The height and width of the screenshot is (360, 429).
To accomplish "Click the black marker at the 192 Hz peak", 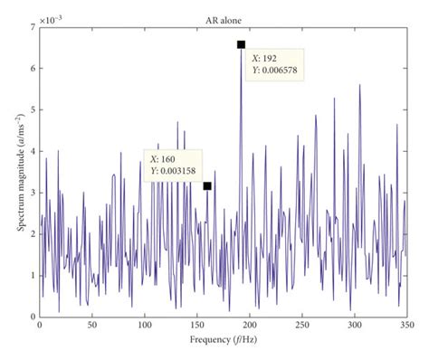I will pos(241,44).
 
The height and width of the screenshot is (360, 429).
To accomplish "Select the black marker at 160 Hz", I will pos(207,186).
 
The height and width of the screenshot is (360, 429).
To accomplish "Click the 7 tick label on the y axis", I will pos(32,28).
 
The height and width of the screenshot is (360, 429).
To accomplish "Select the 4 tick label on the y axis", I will pos(32,152).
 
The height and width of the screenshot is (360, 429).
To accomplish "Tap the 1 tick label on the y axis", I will pos(32,276).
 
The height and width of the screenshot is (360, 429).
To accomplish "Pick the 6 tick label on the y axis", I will pos(32,70).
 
